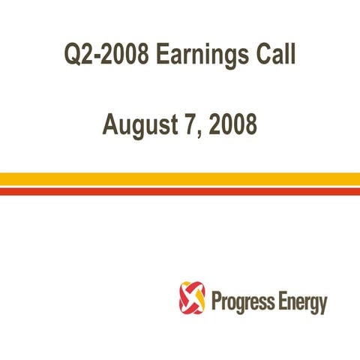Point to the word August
pyautogui.click(x=141, y=124)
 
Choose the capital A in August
pyautogui.click(x=111, y=124)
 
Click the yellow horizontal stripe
pyautogui.click(x=180, y=178)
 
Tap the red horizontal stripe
pyautogui.click(x=180, y=191)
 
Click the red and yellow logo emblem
pyautogui.click(x=192, y=298)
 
